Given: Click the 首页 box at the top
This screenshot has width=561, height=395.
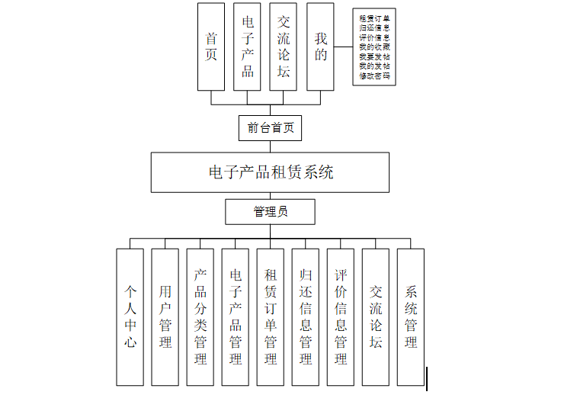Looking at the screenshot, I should point(211,46).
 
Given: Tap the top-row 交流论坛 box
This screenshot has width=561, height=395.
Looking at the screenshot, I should point(284,46).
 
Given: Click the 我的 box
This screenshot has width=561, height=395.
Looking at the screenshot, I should point(321,46).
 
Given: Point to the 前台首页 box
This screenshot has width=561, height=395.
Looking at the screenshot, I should point(270,127).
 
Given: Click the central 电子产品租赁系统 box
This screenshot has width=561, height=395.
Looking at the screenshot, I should point(270,172).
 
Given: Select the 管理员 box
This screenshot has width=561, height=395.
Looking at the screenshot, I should point(270,211).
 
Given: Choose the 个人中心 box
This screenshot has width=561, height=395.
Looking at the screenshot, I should point(130,316).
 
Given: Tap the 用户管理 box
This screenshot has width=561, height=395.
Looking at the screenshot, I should point(165,316).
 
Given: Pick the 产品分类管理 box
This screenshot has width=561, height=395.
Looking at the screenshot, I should point(200,316).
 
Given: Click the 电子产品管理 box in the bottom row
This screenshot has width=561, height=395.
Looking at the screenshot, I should point(236,316).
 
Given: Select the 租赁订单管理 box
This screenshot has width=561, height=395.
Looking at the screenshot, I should point(271,316).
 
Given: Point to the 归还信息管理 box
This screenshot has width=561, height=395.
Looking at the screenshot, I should point(306,316).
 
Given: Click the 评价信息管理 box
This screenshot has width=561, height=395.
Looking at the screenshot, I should point(341,316).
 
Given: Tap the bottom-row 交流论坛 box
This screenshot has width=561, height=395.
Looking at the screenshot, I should point(376,316).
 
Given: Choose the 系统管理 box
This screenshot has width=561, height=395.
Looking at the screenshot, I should point(411,316).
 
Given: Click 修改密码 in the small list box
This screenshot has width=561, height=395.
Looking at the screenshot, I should point(374,76).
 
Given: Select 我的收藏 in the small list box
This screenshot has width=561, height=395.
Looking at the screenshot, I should point(374,47).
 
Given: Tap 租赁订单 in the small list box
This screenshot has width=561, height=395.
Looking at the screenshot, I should point(374,18).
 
